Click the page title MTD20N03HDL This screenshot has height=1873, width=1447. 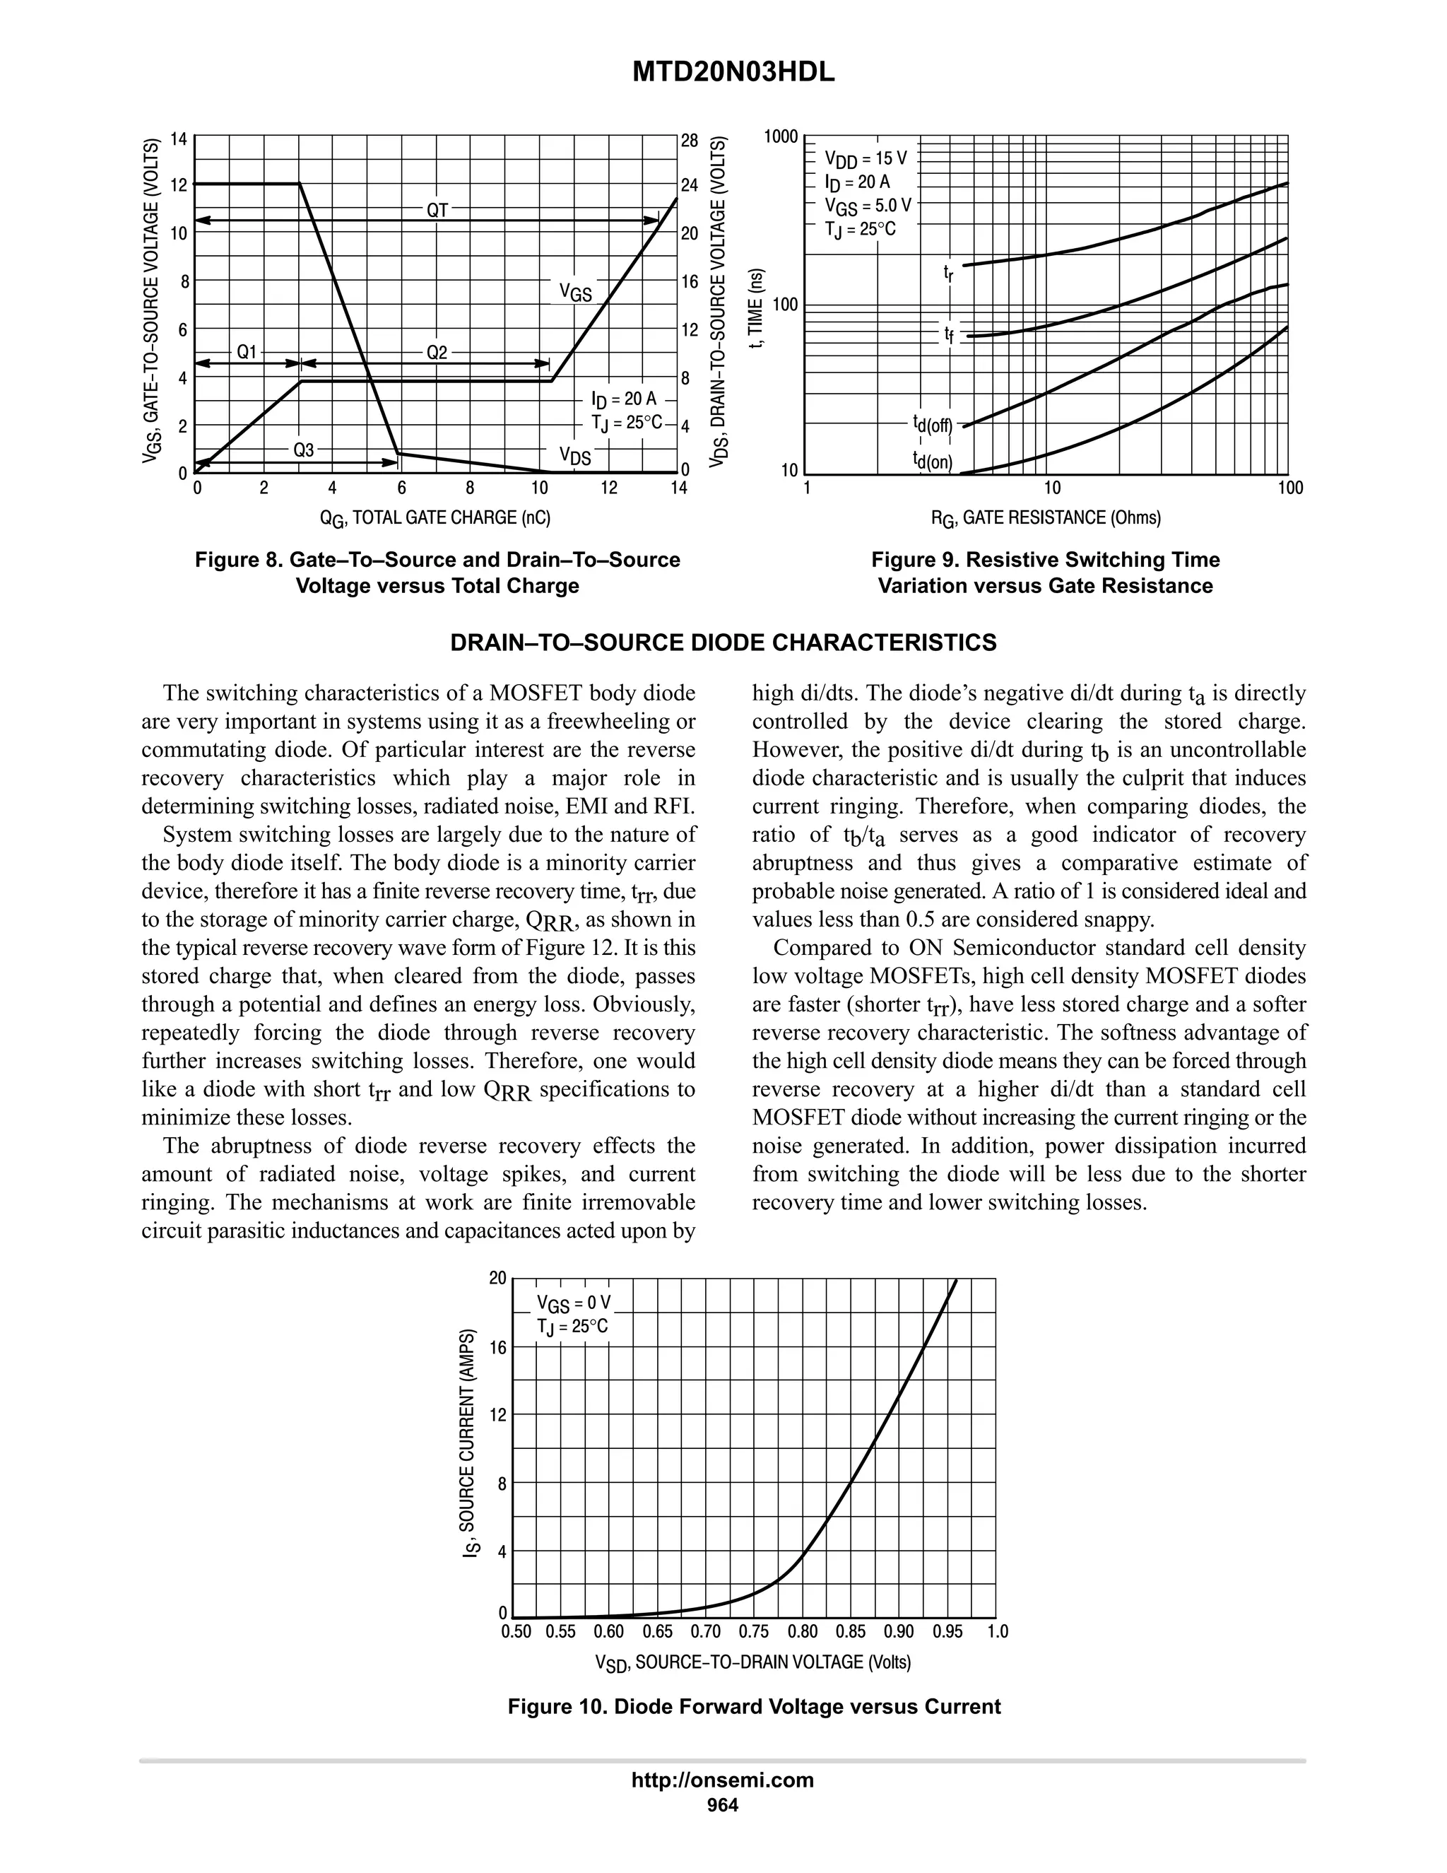733,74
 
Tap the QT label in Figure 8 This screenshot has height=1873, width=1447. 437,210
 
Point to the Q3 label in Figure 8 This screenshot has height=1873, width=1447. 303,450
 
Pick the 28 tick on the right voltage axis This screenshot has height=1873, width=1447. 689,140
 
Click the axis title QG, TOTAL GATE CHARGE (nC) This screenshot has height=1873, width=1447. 435,518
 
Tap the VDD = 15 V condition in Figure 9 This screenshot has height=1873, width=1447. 865,158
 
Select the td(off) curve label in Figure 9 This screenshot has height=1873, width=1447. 933,423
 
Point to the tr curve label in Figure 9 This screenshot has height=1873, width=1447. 947,273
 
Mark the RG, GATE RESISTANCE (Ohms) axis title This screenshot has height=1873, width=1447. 1046,518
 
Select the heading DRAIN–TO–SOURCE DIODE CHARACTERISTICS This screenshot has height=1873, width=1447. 723,643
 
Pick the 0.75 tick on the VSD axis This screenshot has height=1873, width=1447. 755,1631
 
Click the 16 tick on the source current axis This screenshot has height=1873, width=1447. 498,1346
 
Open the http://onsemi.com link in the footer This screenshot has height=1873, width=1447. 723,1780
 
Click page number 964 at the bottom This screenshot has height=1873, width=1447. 723,1805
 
